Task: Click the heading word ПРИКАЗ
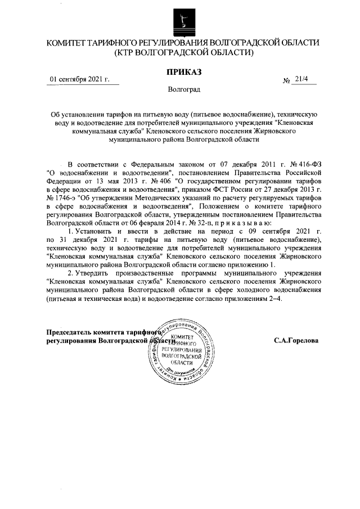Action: [182, 71]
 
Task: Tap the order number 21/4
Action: [301, 80]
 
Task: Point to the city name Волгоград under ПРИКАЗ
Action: [182, 89]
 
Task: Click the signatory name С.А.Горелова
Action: [296, 340]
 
